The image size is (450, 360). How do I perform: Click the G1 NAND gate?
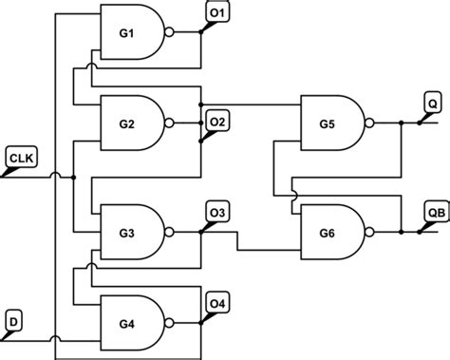point(131,34)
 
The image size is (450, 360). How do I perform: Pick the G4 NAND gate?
point(131,322)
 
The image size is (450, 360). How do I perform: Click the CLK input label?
point(20,156)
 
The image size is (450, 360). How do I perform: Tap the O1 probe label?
point(216,11)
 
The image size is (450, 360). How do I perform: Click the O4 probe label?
point(216,303)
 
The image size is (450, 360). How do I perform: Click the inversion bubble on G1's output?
point(170,34)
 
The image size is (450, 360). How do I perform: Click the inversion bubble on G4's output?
point(170,322)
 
